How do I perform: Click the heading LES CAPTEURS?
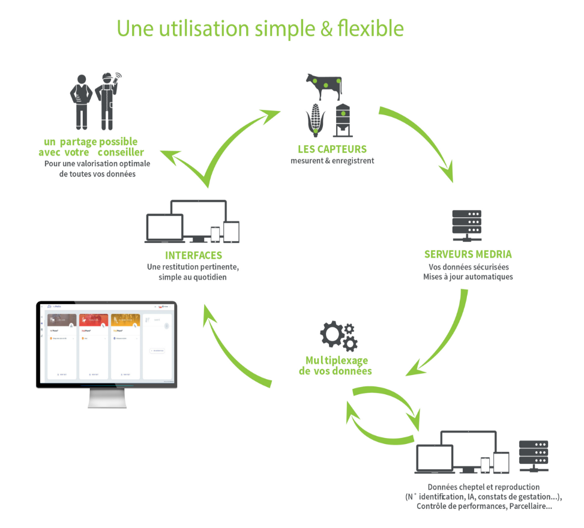tap(332, 149)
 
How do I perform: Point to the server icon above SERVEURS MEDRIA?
tap(466, 223)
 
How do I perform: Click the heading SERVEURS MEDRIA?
tap(468, 254)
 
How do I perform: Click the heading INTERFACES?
tap(193, 256)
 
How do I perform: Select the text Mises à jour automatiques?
tap(468, 277)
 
